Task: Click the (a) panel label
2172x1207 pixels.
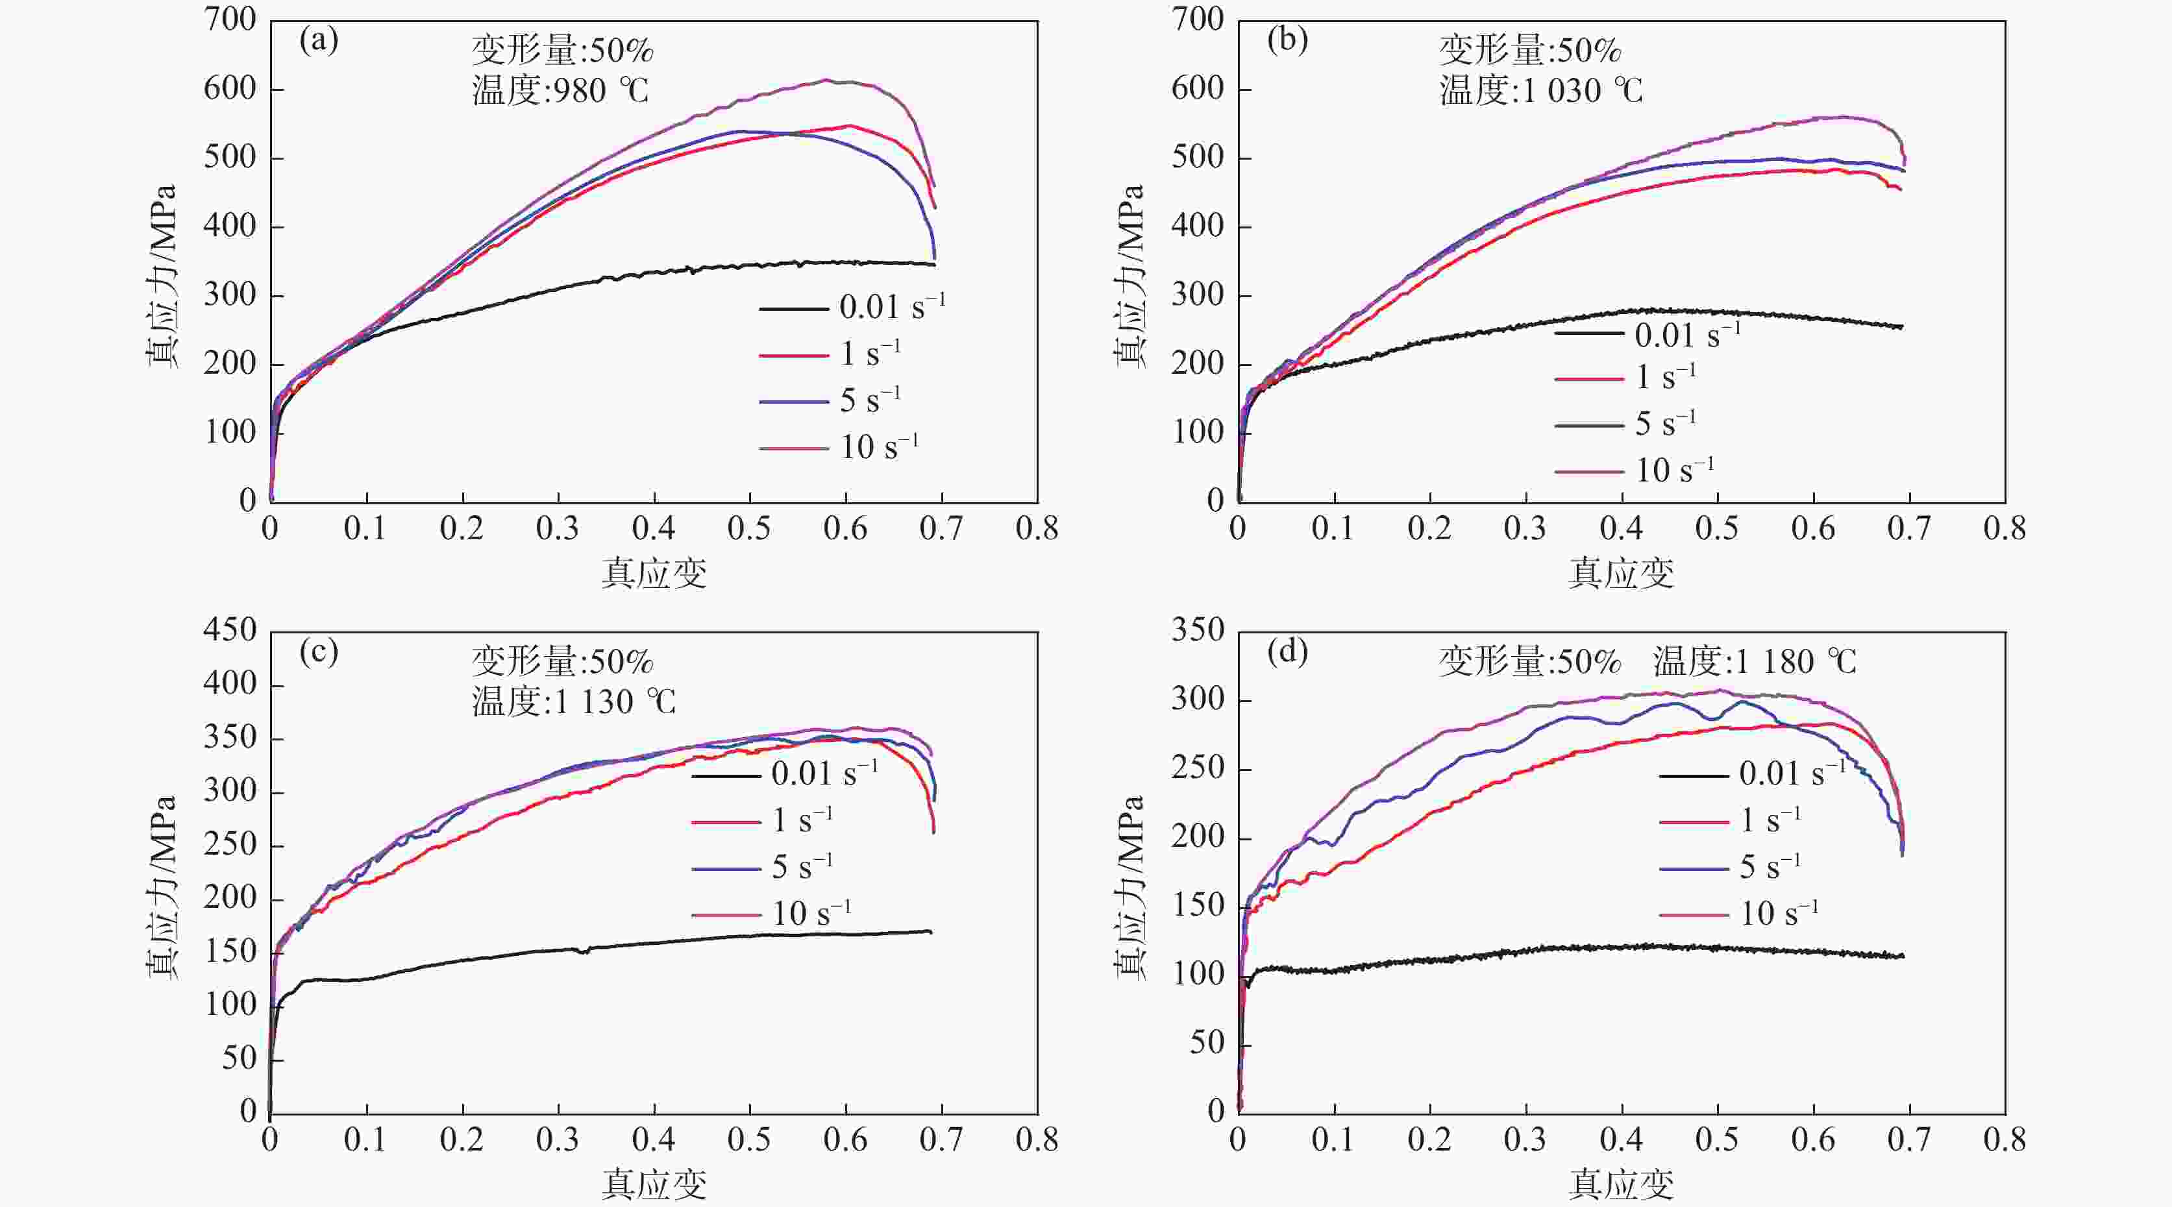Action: pos(319,40)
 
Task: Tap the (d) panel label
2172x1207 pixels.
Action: pos(1287,652)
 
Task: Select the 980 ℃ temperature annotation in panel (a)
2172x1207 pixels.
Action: pos(561,91)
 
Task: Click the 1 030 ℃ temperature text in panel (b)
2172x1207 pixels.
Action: pos(1541,91)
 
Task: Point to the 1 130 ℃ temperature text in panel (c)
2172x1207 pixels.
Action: pos(573,701)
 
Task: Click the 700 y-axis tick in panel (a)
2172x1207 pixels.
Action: pos(229,20)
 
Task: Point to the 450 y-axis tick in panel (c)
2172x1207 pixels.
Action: pos(229,631)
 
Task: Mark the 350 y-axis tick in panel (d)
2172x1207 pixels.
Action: pos(1197,631)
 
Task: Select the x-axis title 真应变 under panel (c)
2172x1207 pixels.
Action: pos(654,1185)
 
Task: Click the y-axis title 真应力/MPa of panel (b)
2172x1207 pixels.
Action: pos(1130,276)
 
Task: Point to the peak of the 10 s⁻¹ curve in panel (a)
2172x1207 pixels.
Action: pos(826,80)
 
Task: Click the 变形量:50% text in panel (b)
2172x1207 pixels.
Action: pos(1529,51)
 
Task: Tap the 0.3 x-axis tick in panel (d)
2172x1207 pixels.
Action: pos(1525,1140)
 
